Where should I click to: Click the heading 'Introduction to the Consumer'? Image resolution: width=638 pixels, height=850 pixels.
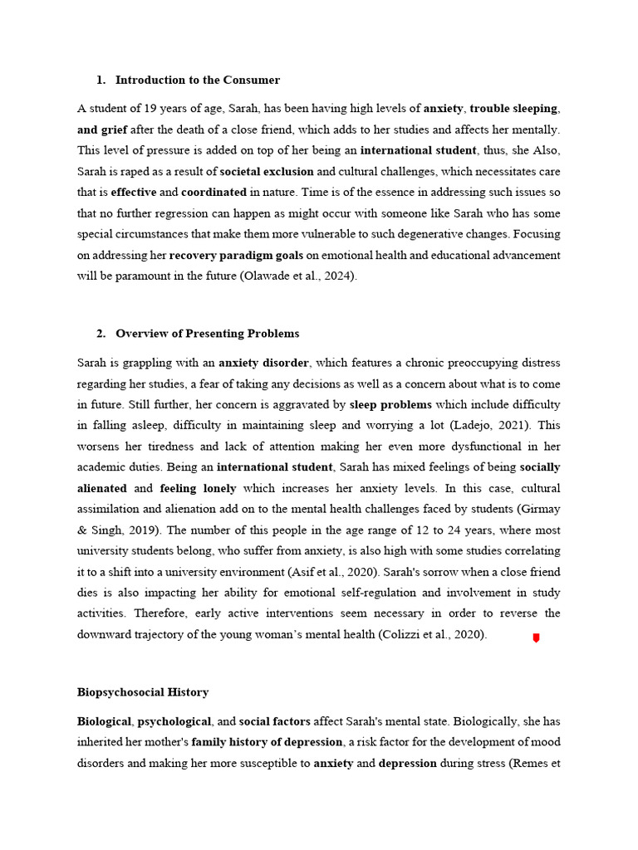tap(198, 81)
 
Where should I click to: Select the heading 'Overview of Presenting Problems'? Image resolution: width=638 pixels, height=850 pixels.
tap(207, 334)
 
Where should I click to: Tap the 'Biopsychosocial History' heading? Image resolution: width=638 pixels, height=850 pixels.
tap(143, 691)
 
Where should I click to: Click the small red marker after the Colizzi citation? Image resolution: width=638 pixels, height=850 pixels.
tap(536, 637)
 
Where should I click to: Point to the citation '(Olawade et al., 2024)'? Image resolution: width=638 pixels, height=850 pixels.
tap(297, 276)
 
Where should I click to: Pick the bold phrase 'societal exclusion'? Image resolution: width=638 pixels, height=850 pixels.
tap(267, 172)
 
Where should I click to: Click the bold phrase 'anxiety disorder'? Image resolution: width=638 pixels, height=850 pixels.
tap(264, 363)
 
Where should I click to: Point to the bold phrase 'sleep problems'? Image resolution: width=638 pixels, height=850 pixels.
tap(390, 404)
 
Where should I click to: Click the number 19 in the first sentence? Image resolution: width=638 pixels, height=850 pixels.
tap(143, 109)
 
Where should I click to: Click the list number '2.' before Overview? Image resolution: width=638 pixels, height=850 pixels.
tap(101, 334)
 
